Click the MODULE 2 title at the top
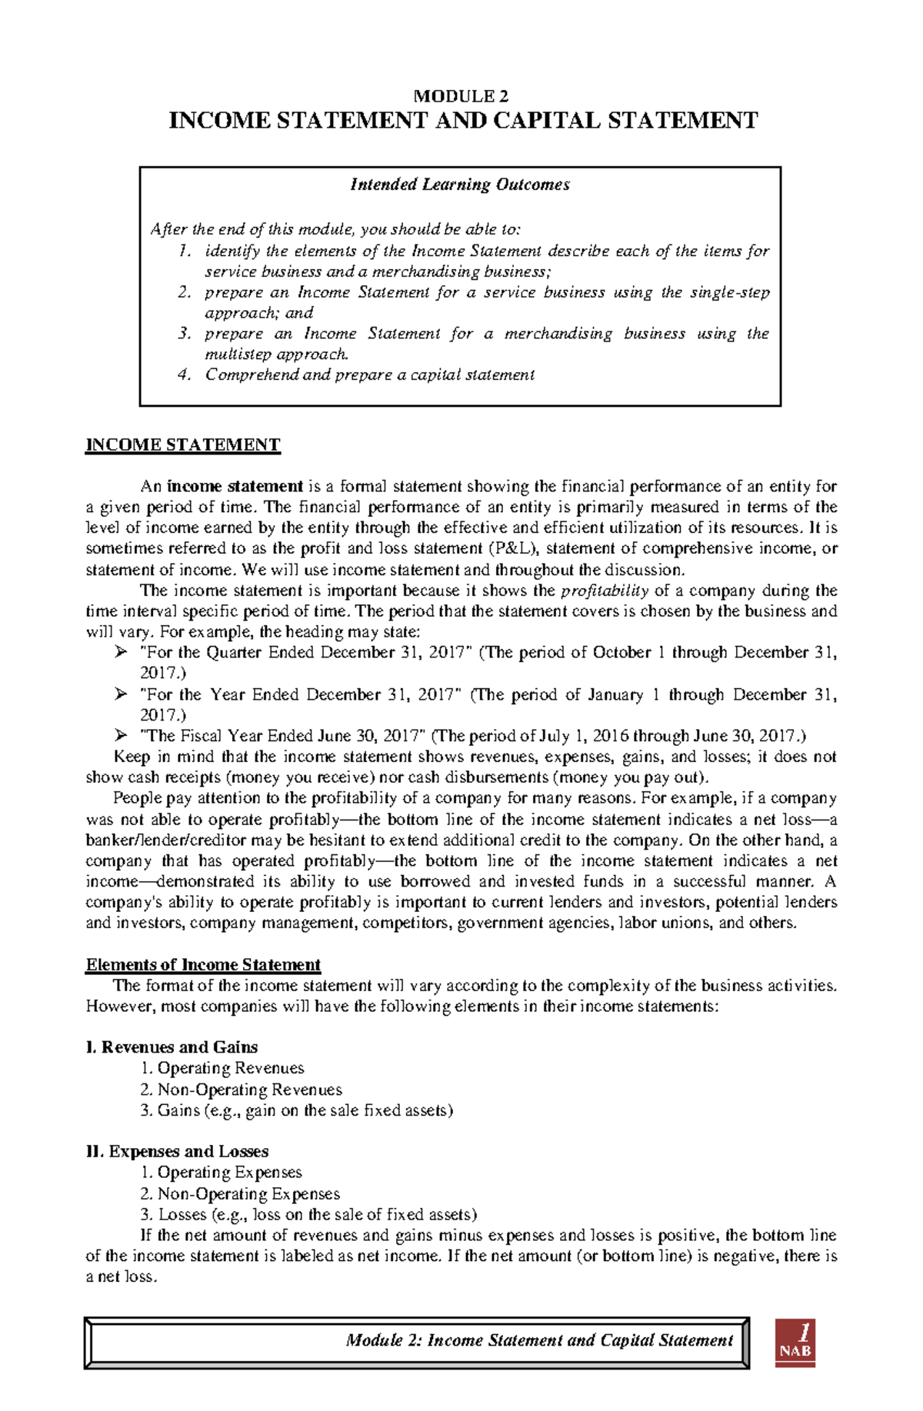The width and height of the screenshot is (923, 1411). (461, 96)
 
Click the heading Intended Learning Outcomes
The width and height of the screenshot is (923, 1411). (460, 185)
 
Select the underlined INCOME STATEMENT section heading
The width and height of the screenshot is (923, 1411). (183, 445)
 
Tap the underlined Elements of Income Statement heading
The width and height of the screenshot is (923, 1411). (203, 965)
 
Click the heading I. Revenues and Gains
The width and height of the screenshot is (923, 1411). (172, 1047)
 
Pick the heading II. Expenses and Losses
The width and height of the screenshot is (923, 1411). (177, 1152)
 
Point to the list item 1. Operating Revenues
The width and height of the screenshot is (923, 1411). (222, 1068)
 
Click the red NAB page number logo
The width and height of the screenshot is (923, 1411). (795, 1343)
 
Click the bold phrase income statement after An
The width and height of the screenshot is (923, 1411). (235, 487)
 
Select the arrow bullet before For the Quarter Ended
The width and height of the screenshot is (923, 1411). (120, 653)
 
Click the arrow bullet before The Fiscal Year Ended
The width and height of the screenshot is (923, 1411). (120, 736)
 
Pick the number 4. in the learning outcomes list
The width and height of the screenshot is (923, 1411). (184, 375)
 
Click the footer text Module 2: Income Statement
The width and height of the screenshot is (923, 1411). (538, 1340)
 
